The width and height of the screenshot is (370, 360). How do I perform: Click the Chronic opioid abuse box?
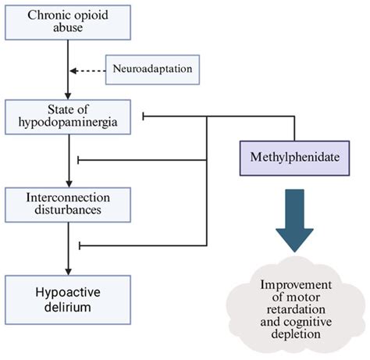(62, 21)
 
